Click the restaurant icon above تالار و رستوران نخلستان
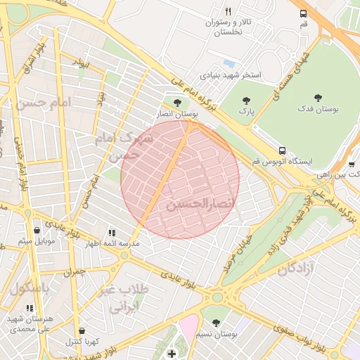click(x=228, y=12)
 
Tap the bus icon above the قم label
click(x=303, y=13)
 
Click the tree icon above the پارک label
click(x=245, y=101)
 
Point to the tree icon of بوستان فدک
click(x=318, y=98)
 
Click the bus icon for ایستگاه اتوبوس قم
click(x=282, y=150)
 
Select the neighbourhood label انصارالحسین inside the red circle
click(x=199, y=203)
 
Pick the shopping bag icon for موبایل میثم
click(x=36, y=230)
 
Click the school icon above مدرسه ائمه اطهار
click(x=111, y=233)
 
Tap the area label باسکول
click(x=30, y=288)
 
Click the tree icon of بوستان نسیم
click(x=216, y=323)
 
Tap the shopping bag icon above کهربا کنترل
click(x=82, y=330)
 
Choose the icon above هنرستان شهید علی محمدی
click(x=29, y=308)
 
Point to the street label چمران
click(x=72, y=271)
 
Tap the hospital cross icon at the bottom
click(x=173, y=352)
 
